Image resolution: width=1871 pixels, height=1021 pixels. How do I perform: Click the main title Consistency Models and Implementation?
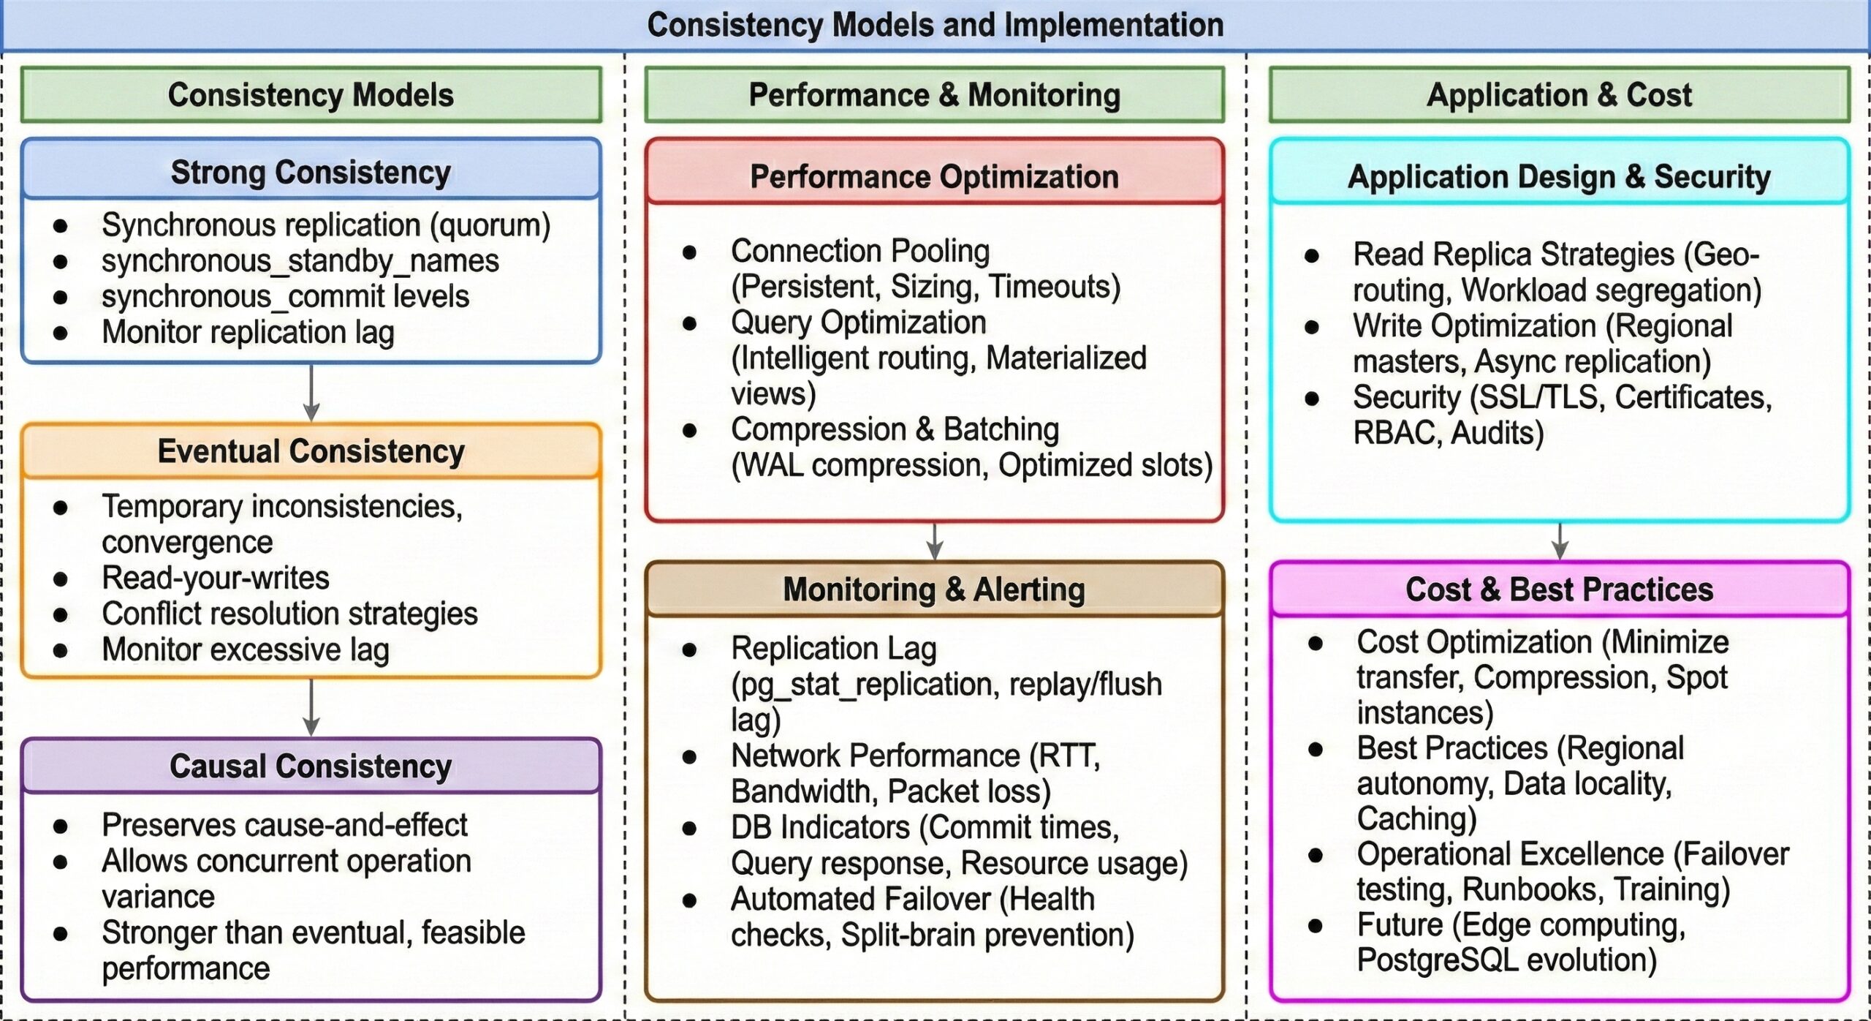click(935, 26)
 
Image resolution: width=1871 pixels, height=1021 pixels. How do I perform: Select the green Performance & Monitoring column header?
click(934, 95)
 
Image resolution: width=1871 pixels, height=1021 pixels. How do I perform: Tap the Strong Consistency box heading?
click(311, 173)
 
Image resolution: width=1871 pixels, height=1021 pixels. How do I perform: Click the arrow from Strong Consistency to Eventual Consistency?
click(311, 393)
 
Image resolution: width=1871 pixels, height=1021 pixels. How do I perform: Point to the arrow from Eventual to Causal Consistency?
click(311, 707)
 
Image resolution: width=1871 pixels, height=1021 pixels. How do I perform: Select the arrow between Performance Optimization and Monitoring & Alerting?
click(935, 541)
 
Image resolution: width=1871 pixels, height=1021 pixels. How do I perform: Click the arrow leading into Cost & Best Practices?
click(1560, 541)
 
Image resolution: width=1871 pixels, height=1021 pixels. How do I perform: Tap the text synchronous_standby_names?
click(300, 261)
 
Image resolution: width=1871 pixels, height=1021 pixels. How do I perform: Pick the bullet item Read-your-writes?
click(216, 578)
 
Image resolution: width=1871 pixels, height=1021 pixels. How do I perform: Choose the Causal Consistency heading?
click(311, 766)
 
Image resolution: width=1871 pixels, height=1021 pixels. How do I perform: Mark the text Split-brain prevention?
click(987, 935)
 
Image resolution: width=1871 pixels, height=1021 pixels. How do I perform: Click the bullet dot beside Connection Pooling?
click(689, 253)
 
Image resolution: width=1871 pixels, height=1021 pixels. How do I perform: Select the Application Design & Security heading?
click(1559, 177)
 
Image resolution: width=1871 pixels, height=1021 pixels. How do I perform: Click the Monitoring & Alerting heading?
click(934, 589)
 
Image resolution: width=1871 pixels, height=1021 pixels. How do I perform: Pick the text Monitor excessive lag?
click(245, 649)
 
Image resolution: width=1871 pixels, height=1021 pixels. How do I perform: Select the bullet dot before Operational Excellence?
click(1316, 855)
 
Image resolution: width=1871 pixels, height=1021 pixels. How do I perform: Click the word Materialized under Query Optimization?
click(1066, 358)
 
